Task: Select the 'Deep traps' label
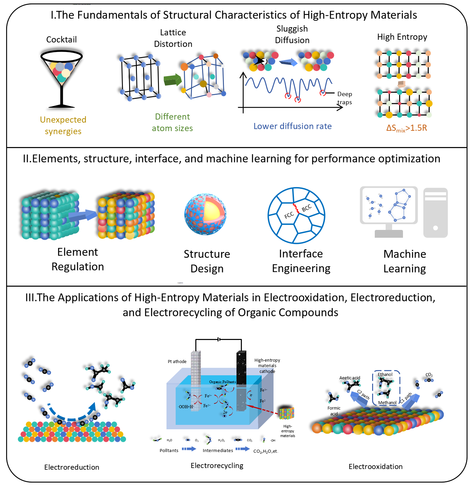pyautogui.click(x=344, y=98)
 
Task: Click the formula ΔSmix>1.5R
pyautogui.click(x=406, y=128)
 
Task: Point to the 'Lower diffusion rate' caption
pyautogui.click(x=293, y=126)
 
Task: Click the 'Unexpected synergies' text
pyautogui.click(x=63, y=125)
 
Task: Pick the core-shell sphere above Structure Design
pyautogui.click(x=205, y=214)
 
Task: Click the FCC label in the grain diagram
pyautogui.click(x=289, y=215)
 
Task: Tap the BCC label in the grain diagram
pyautogui.click(x=306, y=208)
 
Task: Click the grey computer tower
pyautogui.click(x=435, y=213)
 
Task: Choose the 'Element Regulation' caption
pyautogui.click(x=77, y=259)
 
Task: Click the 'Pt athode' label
pyautogui.click(x=177, y=361)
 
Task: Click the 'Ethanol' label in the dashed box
pyautogui.click(x=385, y=374)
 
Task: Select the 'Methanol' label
pyautogui.click(x=387, y=402)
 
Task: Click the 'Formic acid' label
pyautogui.click(x=334, y=411)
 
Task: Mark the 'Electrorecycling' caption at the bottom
pyautogui.click(x=217, y=465)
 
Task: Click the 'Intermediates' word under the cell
pyautogui.click(x=218, y=450)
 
